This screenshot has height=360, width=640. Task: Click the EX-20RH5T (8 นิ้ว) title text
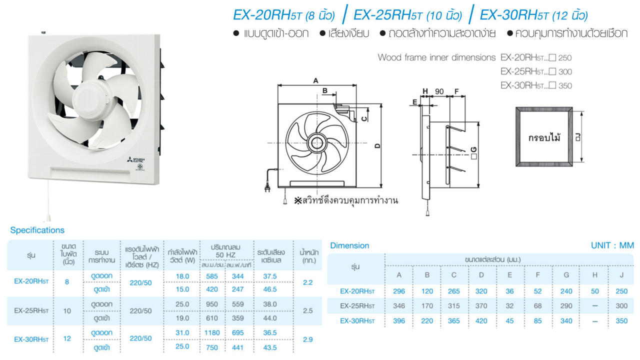pyautogui.click(x=284, y=15)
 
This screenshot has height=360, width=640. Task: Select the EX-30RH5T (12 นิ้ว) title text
pyautogui.click(x=533, y=15)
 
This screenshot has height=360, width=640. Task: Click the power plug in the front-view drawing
pyautogui.click(x=267, y=188)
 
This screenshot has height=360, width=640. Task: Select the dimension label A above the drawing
pyautogui.click(x=315, y=80)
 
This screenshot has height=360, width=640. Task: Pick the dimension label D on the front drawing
pyautogui.click(x=377, y=145)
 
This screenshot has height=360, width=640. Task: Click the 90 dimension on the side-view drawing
pyautogui.click(x=439, y=91)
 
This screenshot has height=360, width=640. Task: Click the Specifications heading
pyautogui.click(x=37, y=230)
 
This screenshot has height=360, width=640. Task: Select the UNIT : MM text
pyautogui.click(x=612, y=245)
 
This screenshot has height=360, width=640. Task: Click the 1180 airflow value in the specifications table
pyautogui.click(x=212, y=332)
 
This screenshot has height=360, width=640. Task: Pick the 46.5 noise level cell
pyautogui.click(x=270, y=289)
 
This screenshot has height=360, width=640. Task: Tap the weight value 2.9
pyautogui.click(x=307, y=339)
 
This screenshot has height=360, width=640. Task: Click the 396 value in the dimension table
pyautogui.click(x=399, y=320)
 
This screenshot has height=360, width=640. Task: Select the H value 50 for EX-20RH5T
pyautogui.click(x=594, y=291)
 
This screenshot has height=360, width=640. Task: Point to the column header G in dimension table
pyautogui.click(x=566, y=274)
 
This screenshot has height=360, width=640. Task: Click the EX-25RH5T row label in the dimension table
pyautogui.click(x=357, y=305)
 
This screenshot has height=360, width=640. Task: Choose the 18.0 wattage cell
pyautogui.click(x=182, y=276)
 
